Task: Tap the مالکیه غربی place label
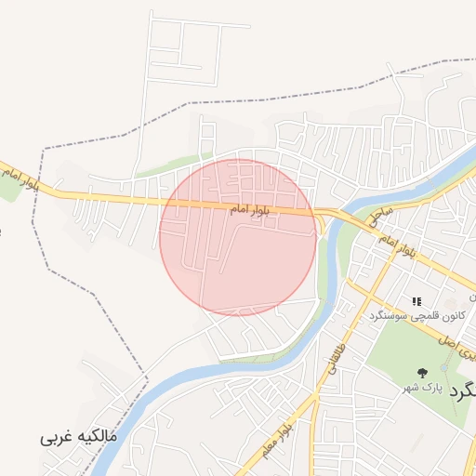(x=81, y=435)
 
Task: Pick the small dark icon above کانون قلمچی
(x=416, y=301)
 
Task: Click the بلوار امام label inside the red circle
(x=250, y=212)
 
